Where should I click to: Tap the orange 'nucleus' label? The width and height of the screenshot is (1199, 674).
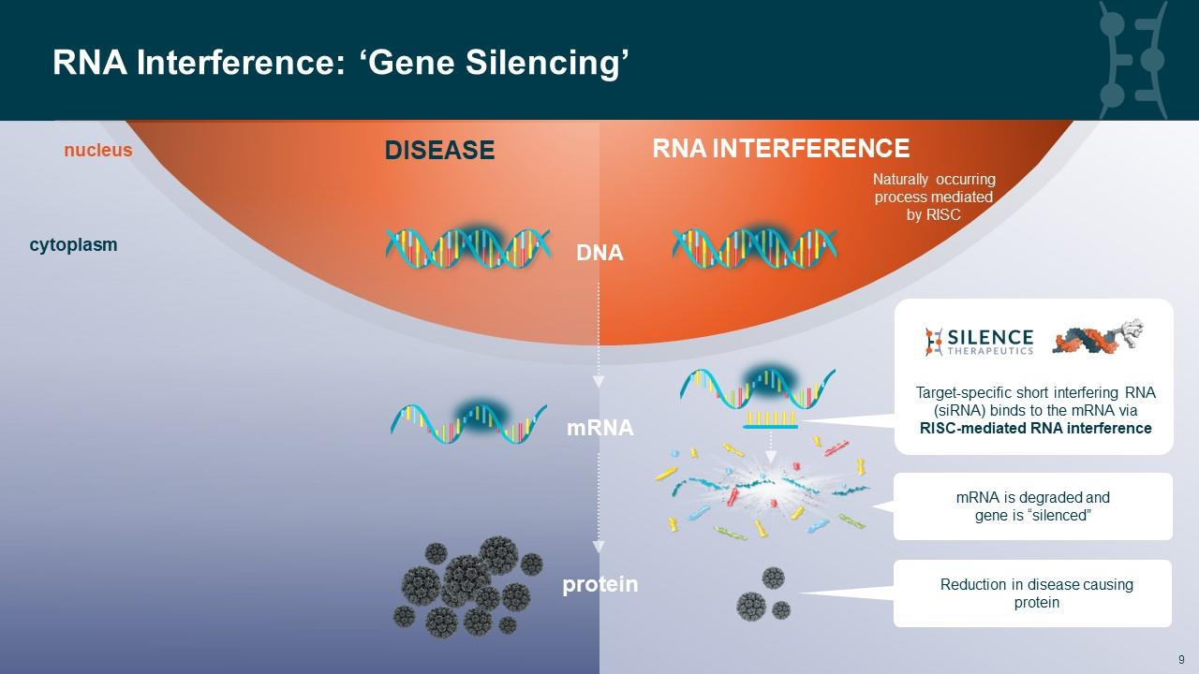pyautogui.click(x=97, y=150)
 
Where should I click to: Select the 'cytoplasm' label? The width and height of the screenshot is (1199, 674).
pyautogui.click(x=73, y=245)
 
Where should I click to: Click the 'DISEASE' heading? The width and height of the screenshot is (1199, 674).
pyautogui.click(x=439, y=150)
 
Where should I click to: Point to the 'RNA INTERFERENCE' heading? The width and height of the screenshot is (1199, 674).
pyautogui.click(x=780, y=149)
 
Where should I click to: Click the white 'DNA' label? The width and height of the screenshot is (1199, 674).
pyautogui.click(x=599, y=253)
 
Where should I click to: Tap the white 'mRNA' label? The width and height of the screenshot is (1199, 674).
pyautogui.click(x=599, y=429)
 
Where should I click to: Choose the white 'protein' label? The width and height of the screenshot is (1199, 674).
pyautogui.click(x=599, y=585)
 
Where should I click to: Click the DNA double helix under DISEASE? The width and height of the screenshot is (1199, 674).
pyautogui.click(x=467, y=247)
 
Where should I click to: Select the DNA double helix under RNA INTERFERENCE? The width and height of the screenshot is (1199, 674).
pyautogui.click(x=754, y=247)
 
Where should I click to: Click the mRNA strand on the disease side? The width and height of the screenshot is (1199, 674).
pyautogui.click(x=468, y=421)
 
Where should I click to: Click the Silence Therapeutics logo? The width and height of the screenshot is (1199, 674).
pyautogui.click(x=979, y=342)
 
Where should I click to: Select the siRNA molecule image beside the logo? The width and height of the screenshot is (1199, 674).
pyautogui.click(x=1098, y=337)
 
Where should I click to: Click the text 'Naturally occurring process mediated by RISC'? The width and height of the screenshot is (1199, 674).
pyautogui.click(x=933, y=197)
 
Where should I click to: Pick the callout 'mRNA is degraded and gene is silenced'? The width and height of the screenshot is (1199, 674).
pyautogui.click(x=1032, y=506)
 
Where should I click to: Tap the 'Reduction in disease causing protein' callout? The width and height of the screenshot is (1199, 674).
pyautogui.click(x=1032, y=593)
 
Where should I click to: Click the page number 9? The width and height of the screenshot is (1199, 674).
pyautogui.click(x=1181, y=658)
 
